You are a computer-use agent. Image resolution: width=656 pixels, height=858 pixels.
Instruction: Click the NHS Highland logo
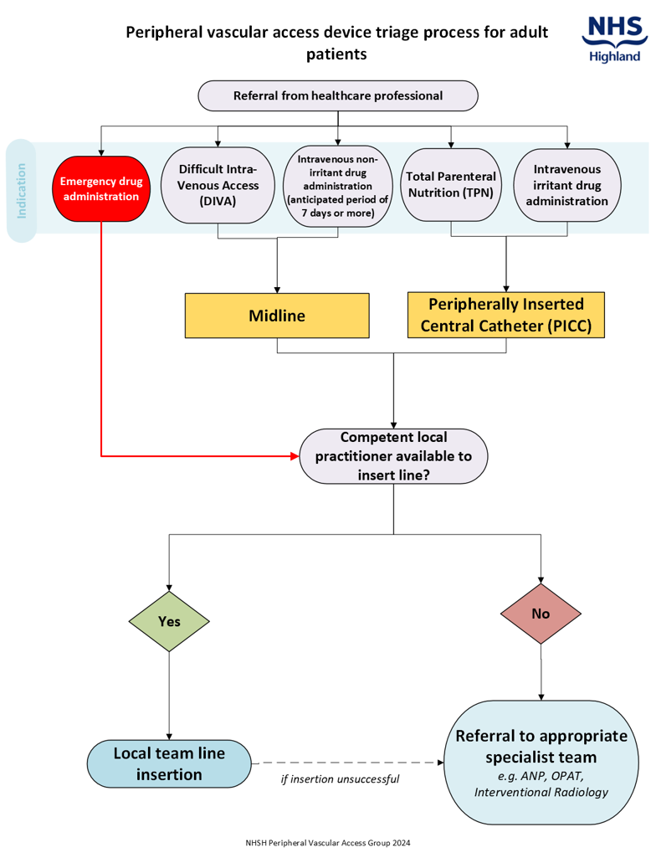614,39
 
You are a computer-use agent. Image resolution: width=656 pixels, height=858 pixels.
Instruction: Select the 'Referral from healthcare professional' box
337,95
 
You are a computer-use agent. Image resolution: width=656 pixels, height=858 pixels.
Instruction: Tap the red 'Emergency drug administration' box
100,189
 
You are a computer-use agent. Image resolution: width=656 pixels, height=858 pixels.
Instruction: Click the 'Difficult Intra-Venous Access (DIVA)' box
218,185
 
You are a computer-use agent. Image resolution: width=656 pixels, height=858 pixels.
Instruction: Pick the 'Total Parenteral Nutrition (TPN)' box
451,185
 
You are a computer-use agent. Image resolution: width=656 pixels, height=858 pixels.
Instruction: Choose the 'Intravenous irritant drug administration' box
567,185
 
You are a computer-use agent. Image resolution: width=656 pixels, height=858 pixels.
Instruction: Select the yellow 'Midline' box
277,316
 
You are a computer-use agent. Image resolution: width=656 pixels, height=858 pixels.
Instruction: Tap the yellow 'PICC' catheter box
505,315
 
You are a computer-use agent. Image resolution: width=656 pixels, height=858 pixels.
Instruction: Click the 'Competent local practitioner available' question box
393,456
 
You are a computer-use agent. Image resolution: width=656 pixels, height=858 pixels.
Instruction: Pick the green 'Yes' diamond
169,622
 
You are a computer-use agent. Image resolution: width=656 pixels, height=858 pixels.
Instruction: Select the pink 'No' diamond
541,613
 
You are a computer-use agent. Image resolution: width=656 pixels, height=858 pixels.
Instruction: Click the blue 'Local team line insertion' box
169,763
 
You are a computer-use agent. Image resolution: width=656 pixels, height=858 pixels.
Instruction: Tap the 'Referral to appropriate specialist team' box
541,763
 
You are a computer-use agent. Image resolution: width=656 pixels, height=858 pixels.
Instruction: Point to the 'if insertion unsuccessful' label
339,779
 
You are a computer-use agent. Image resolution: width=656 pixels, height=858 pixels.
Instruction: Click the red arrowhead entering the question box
294,456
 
